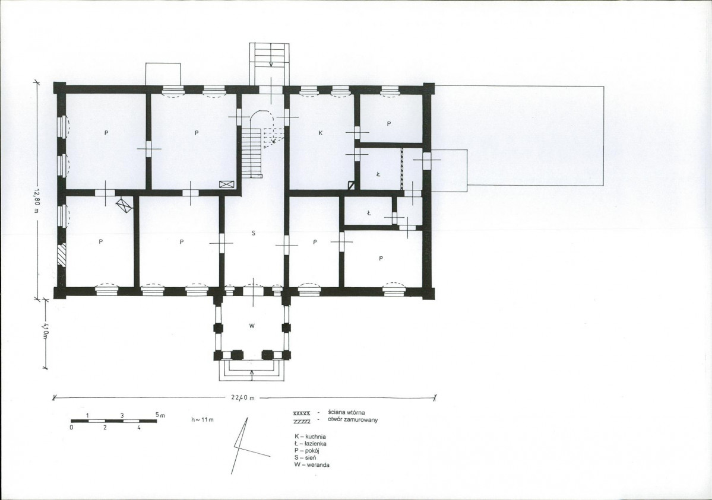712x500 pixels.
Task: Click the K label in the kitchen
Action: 320,133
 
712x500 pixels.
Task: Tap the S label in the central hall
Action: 254,233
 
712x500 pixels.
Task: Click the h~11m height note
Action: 202,420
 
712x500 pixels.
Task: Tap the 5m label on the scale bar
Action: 160,415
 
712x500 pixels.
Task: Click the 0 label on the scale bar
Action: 72,428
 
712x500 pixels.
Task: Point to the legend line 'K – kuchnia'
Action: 310,437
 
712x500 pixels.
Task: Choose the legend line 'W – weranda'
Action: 312,465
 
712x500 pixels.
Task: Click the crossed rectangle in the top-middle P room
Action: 226,184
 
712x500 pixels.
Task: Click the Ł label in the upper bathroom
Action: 378,174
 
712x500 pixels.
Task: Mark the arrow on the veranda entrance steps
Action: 252,375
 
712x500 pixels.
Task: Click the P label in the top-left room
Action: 106,133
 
